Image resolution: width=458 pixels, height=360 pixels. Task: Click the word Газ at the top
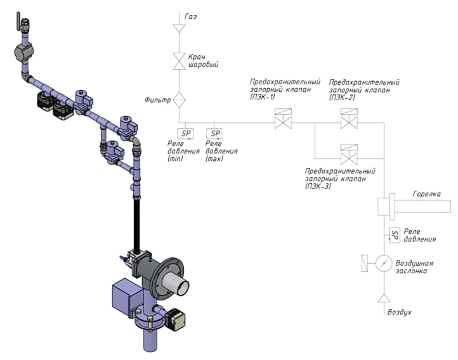tap(191, 16)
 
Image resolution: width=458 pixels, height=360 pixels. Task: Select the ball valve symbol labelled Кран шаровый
tap(179, 61)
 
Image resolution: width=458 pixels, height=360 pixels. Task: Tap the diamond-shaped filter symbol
tap(179, 100)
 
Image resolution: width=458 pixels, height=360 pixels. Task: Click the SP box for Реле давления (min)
tap(185, 133)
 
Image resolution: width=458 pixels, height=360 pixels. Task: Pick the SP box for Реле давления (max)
tap(214, 133)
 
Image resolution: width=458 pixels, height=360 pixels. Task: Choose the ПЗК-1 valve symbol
tap(284, 119)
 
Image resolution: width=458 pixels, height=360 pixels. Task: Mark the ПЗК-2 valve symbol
tap(349, 119)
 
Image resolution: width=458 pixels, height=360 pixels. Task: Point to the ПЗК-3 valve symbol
tap(349, 155)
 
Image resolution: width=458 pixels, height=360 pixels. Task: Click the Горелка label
tap(427, 194)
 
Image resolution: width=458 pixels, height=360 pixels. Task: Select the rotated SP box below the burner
tap(395, 235)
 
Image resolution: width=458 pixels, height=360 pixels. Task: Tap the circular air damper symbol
tap(384, 264)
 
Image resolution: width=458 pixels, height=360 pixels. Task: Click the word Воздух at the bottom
tap(399, 312)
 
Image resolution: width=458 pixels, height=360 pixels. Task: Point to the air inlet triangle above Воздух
tap(384, 299)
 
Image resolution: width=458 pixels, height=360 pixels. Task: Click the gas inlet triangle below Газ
tap(179, 28)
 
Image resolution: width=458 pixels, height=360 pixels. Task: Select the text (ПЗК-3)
tap(318, 186)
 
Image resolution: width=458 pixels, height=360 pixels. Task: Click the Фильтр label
tap(157, 100)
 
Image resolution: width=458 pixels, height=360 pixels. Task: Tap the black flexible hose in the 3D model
tap(136, 223)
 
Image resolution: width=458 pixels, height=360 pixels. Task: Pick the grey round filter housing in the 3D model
tap(24, 53)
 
